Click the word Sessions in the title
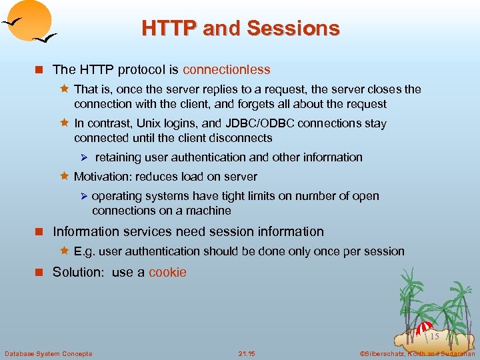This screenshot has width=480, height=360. point(293,28)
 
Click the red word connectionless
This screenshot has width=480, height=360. point(227,69)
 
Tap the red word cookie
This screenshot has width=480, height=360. point(167,272)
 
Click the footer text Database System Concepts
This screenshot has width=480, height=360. point(48,353)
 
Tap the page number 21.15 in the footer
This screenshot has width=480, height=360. point(246,353)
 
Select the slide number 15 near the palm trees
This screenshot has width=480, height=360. point(434,336)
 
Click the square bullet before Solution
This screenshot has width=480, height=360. point(39,273)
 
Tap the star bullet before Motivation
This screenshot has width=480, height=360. point(65,177)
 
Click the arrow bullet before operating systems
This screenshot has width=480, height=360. point(83,196)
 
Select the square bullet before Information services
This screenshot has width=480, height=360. point(39,232)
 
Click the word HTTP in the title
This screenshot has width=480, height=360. point(169,28)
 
